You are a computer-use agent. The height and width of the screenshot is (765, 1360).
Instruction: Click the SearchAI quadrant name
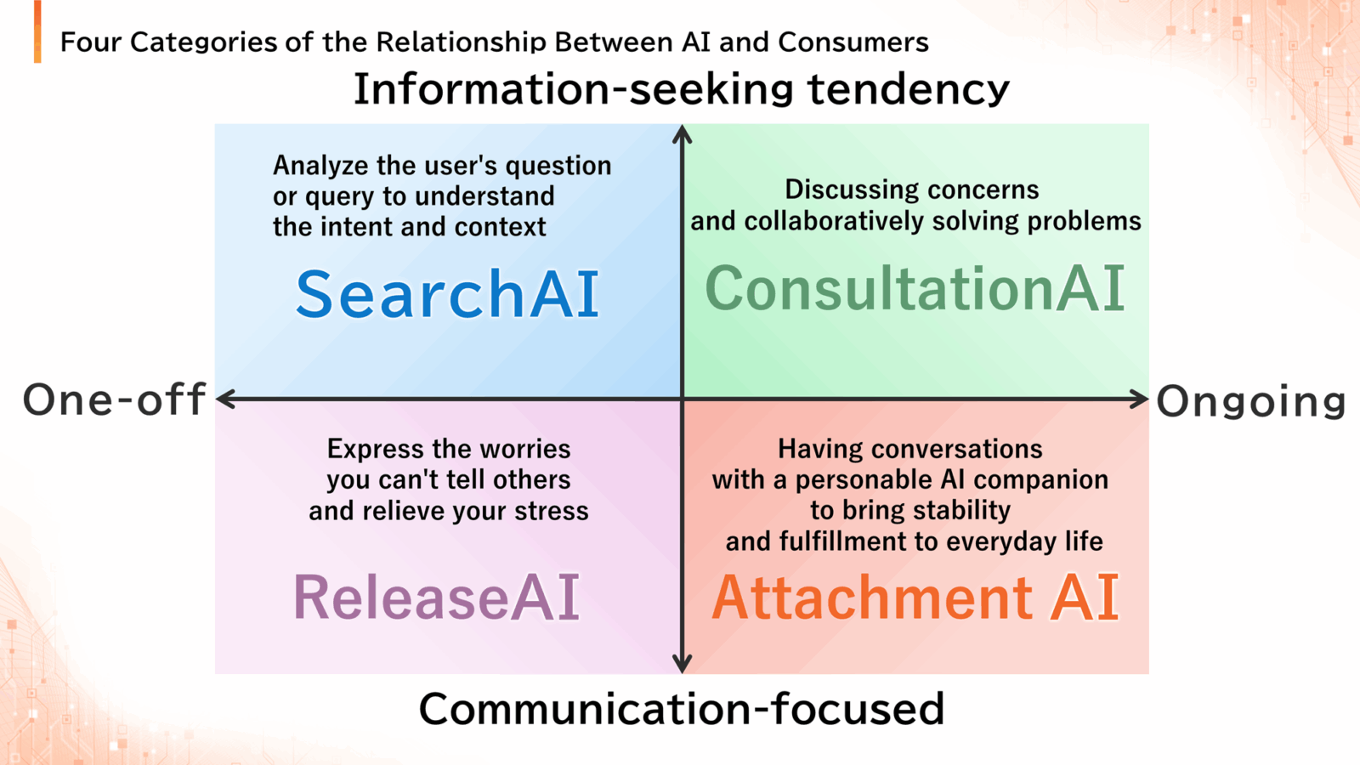coord(447,294)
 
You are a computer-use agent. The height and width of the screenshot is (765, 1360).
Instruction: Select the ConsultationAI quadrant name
coord(915,288)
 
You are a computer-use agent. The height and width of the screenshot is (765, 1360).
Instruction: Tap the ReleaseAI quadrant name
coord(436,598)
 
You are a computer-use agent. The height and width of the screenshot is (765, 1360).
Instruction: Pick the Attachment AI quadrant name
coord(915,598)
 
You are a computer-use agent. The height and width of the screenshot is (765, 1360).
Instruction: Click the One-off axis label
coord(114,400)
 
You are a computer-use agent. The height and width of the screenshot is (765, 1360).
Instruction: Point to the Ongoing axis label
coord(1251,402)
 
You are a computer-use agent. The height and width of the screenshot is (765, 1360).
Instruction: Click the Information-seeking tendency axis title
coord(681,89)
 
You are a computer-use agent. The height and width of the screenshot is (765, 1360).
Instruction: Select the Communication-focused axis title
coord(681,709)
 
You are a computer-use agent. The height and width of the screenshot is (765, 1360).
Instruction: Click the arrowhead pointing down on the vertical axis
coord(683,664)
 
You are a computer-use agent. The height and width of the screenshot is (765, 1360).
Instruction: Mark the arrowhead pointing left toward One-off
coord(225,399)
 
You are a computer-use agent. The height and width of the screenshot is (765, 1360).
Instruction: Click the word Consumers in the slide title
coord(853,42)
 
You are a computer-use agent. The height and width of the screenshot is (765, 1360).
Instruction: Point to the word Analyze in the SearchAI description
coord(320,166)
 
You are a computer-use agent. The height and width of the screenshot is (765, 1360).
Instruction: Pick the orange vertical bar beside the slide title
coord(37,31)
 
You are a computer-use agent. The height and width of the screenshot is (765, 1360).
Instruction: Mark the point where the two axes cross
coord(683,399)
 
